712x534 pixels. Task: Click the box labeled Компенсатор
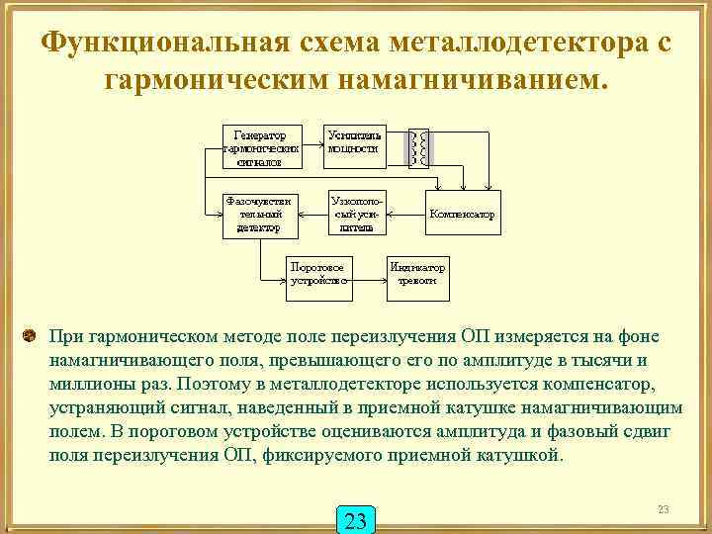pos(462,215)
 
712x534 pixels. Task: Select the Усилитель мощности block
pos(353,143)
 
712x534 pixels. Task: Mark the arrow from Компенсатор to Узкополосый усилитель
pos(405,215)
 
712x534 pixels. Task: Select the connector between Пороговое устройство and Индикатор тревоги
pos(368,275)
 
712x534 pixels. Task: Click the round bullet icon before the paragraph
pos(30,337)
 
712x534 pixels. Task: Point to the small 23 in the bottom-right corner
pos(663,508)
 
